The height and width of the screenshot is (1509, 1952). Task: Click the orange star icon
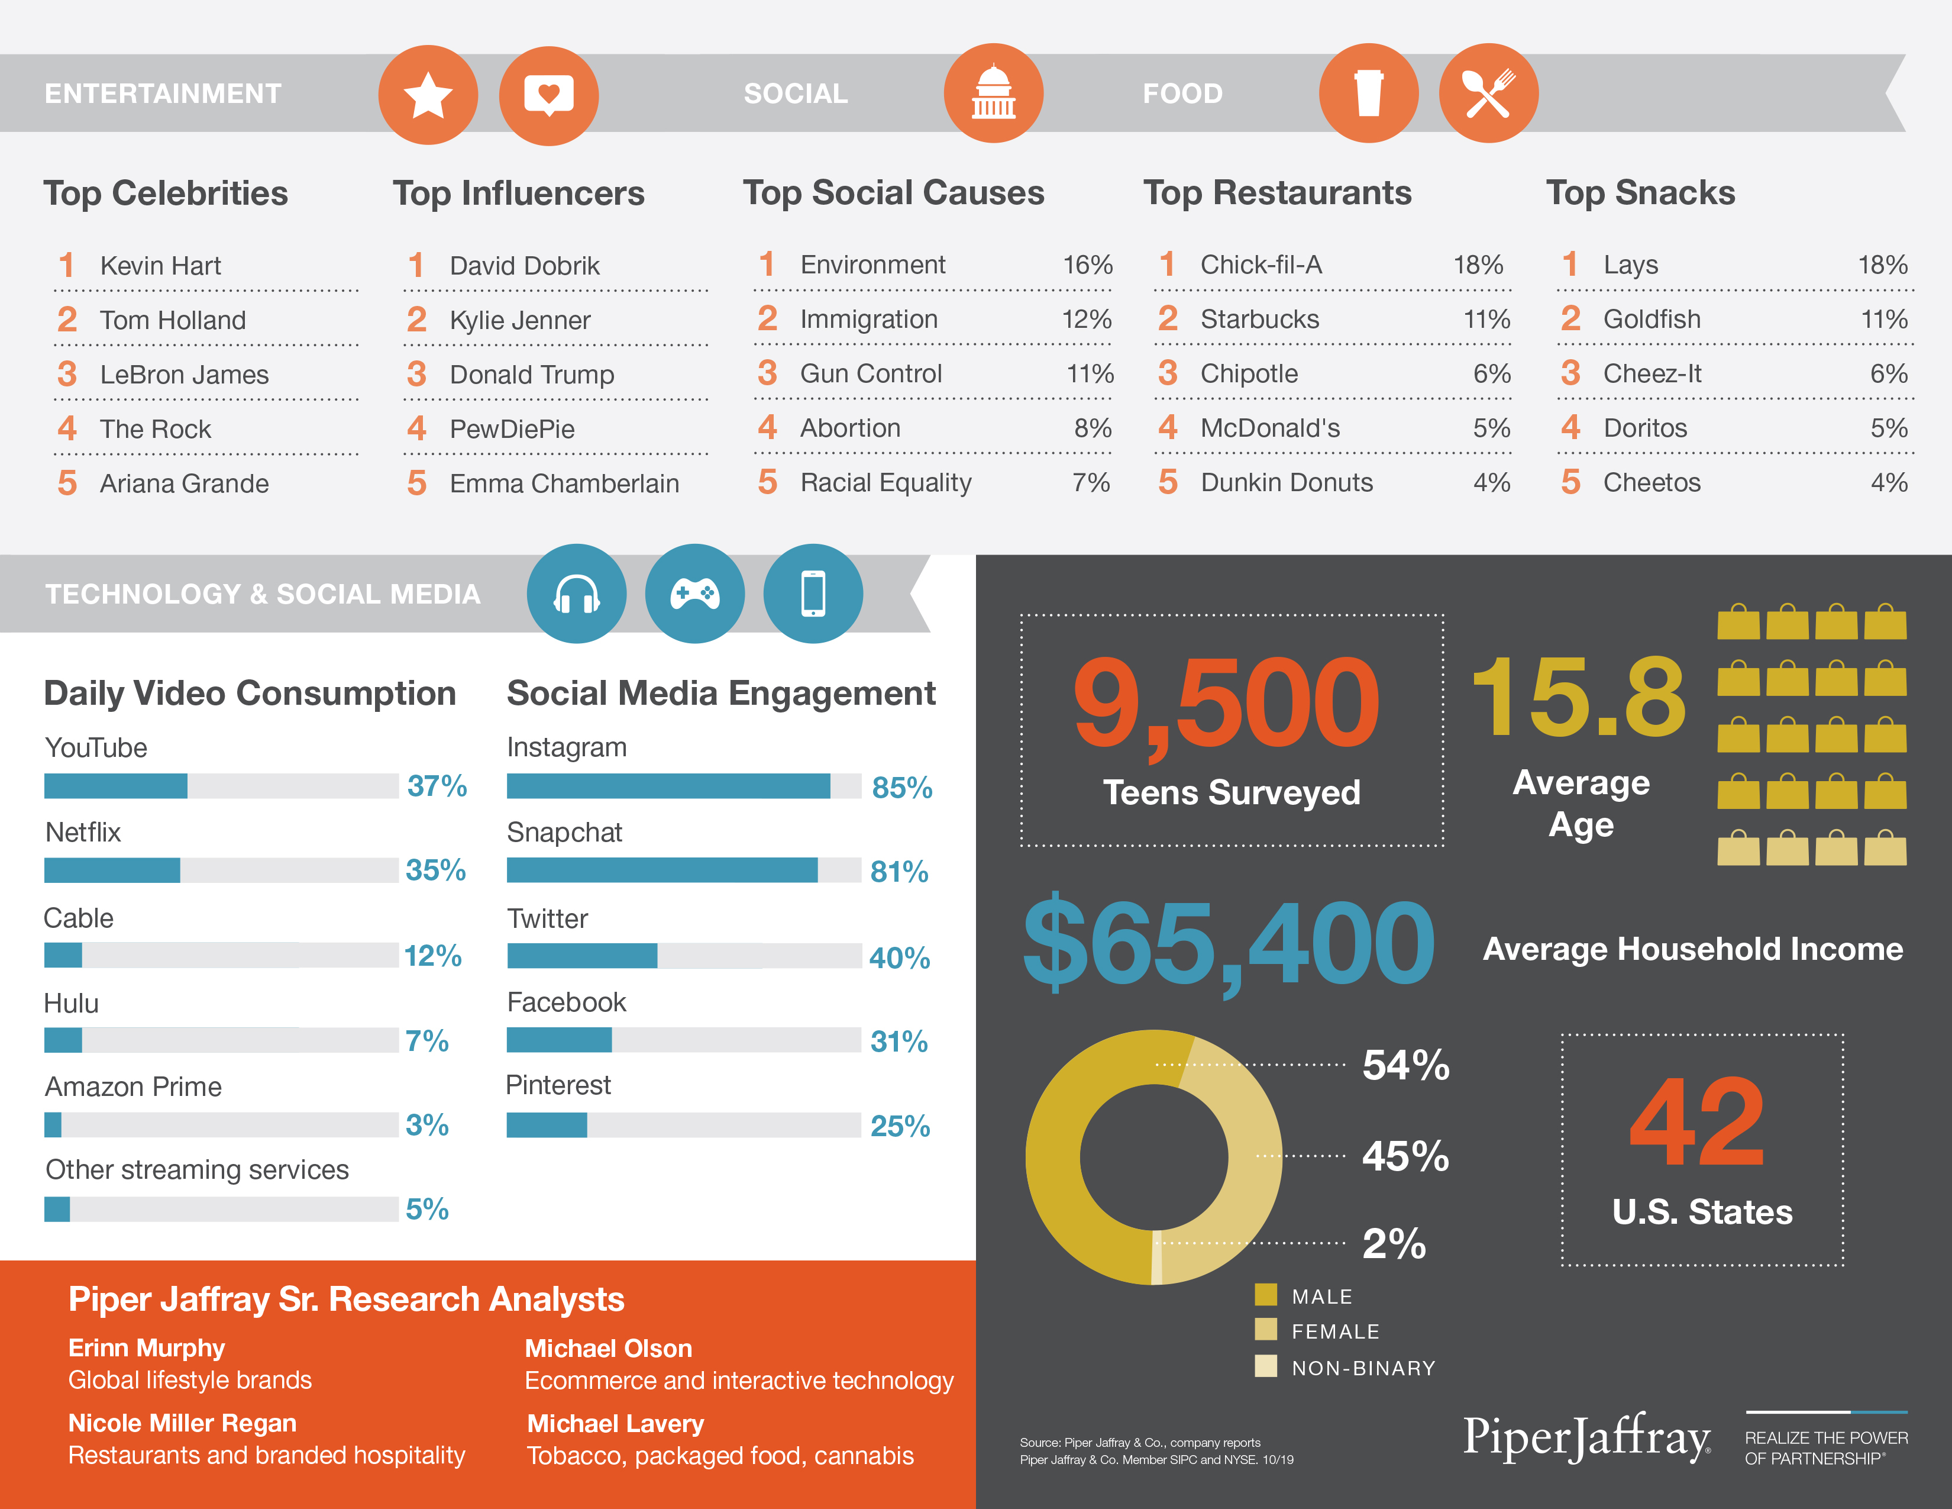click(428, 95)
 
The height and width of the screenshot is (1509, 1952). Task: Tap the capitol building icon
click(993, 93)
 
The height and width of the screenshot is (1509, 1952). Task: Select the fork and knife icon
click(1488, 93)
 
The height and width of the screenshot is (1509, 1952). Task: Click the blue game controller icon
click(694, 594)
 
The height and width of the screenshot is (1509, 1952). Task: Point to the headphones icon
click(577, 594)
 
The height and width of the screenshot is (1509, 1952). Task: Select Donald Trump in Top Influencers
click(532, 375)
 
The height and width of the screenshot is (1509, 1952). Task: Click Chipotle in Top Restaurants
click(1249, 373)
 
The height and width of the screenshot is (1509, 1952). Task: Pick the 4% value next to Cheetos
click(1889, 483)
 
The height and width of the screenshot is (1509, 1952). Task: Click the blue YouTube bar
click(116, 786)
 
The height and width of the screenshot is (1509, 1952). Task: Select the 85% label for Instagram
click(902, 788)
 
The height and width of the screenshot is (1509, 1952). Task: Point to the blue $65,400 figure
click(1229, 943)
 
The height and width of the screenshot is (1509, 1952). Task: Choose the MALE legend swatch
click(1266, 1294)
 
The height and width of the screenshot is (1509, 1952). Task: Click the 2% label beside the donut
click(1394, 1243)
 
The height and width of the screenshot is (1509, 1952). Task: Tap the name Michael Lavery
click(615, 1423)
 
